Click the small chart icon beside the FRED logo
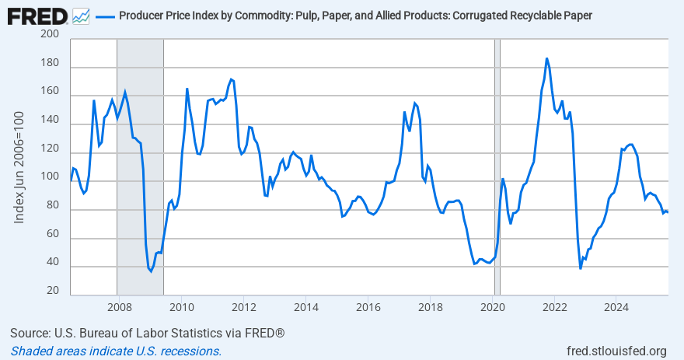click(81, 16)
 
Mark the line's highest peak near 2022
click(546, 58)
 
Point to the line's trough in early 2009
click(151, 271)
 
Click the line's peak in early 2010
click(187, 89)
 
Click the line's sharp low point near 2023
click(581, 268)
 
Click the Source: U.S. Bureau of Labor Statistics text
click(148, 333)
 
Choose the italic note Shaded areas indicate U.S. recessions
click(116, 351)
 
